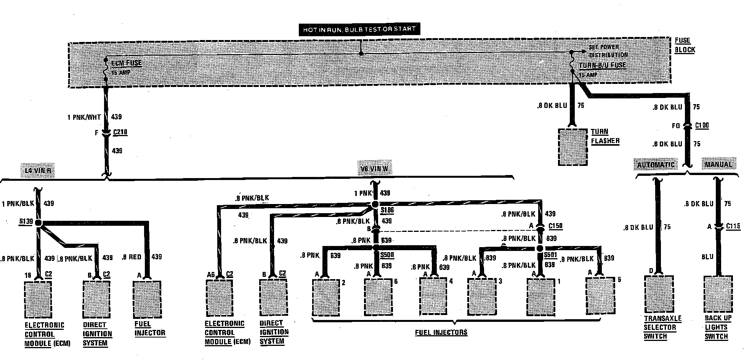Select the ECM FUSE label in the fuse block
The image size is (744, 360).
[126, 63]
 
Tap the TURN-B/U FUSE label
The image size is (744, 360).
[603, 65]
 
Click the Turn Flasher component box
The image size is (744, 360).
[572, 147]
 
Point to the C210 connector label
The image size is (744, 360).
[120, 132]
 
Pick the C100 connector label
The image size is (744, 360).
[702, 125]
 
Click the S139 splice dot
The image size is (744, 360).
[38, 223]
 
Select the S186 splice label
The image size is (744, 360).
[387, 210]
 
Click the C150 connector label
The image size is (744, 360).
[555, 226]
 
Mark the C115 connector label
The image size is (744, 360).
[733, 226]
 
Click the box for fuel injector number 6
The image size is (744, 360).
[378, 297]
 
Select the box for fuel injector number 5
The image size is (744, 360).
[600, 296]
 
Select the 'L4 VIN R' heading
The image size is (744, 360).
[38, 170]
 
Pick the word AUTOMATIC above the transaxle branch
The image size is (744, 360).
[656, 165]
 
